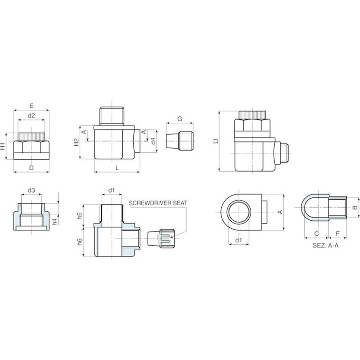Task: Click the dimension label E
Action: (x=31, y=106)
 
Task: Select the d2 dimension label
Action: (x=31, y=116)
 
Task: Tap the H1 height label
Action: (x=2, y=146)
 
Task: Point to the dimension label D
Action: (x=31, y=168)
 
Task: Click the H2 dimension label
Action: (x=76, y=142)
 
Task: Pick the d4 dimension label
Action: (x=153, y=141)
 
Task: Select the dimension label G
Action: (x=180, y=119)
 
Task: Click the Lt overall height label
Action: (x=216, y=141)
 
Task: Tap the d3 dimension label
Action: (x=31, y=190)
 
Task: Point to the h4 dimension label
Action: (x=54, y=222)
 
